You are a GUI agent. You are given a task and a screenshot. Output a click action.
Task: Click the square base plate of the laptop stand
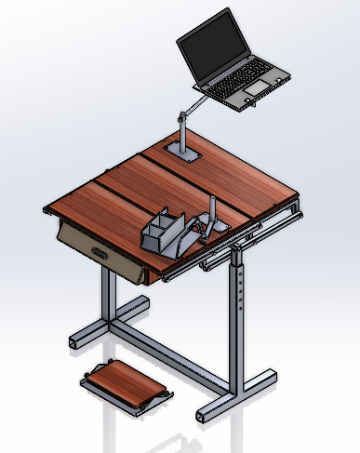tap(184, 152)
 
